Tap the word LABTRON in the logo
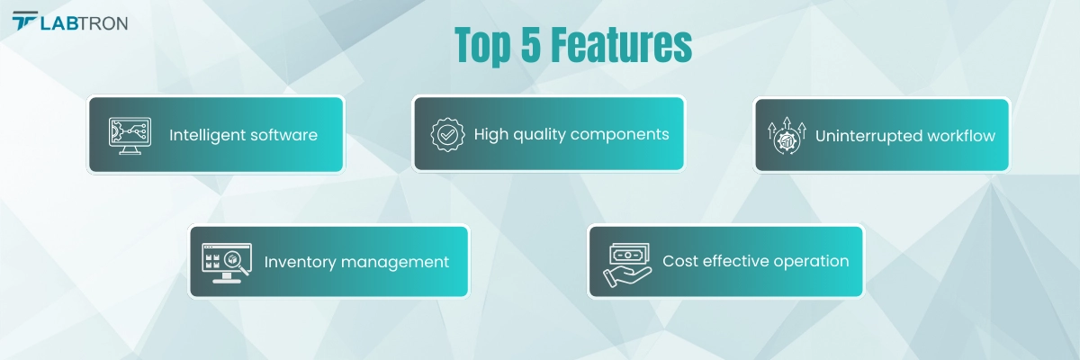click(84, 23)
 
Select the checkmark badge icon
click(447, 134)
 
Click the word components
click(620, 134)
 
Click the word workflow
click(964, 136)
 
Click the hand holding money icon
click(625, 262)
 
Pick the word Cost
click(680, 261)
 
